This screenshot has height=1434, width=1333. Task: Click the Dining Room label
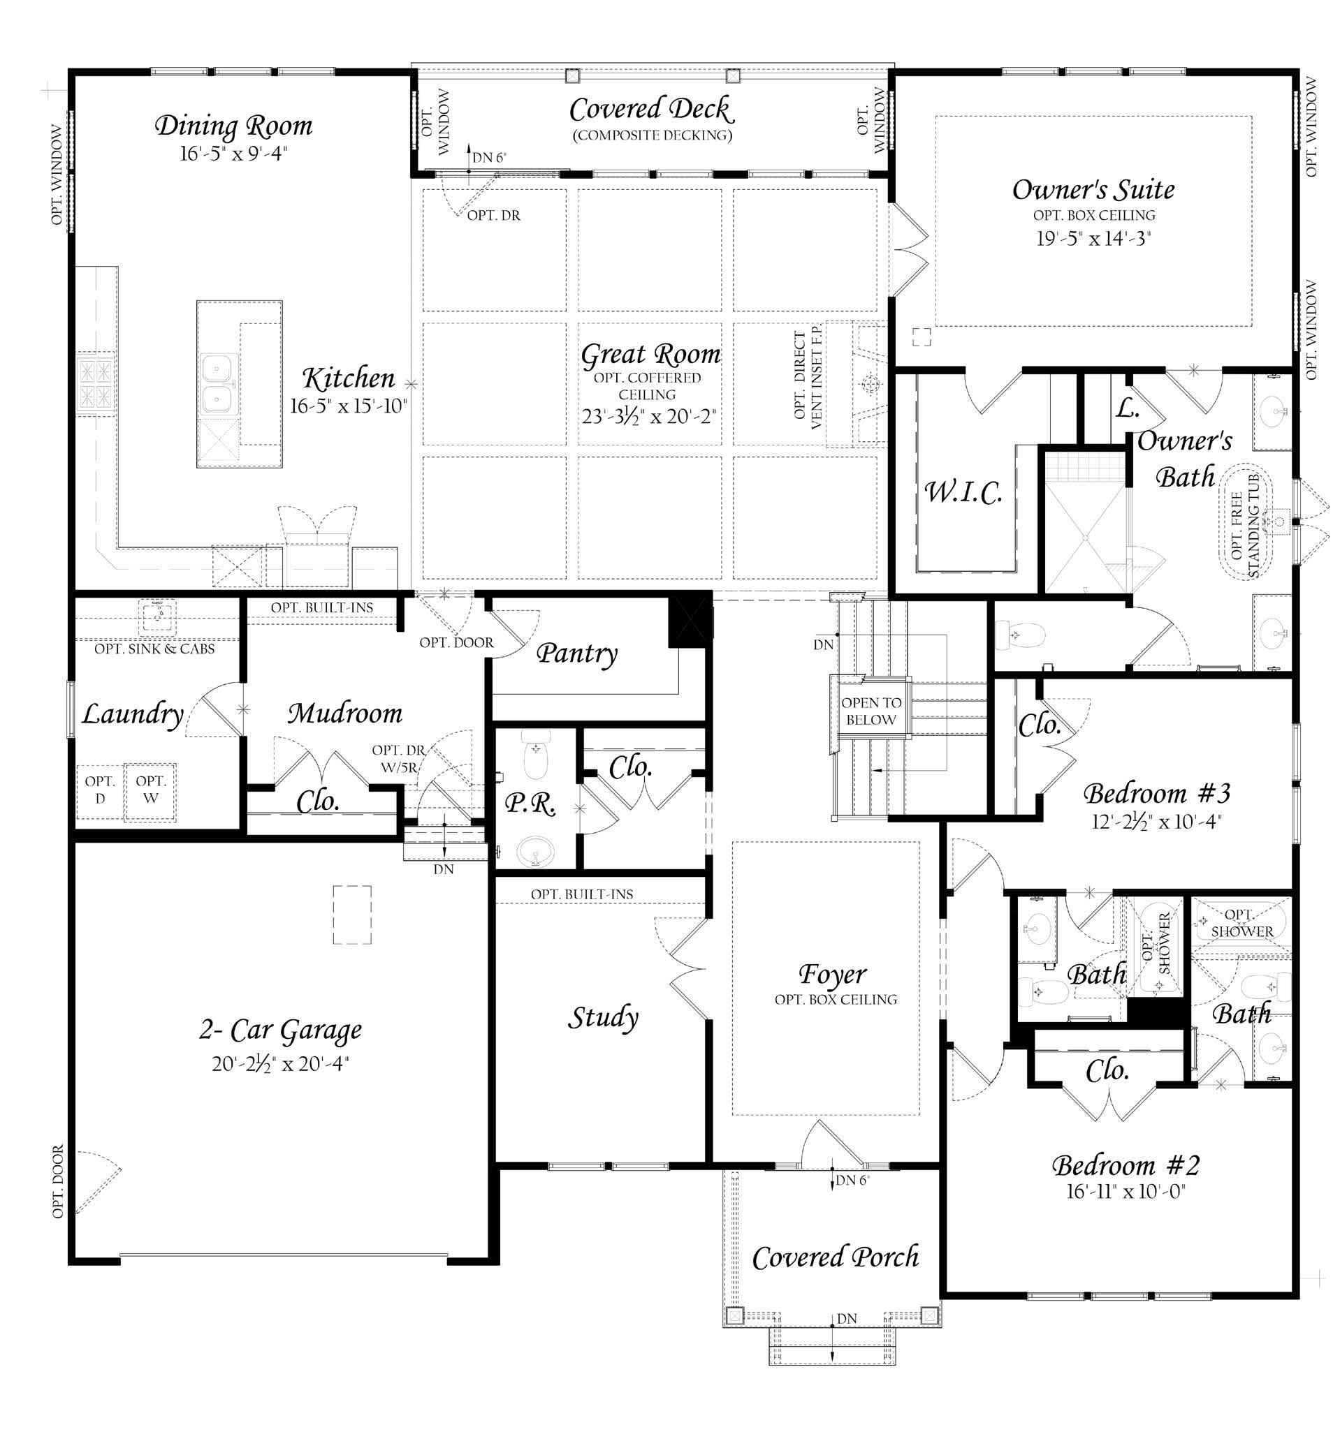[234, 126]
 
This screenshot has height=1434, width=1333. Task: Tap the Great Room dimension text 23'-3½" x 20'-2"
[648, 416]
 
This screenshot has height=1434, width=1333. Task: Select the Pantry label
[577, 653]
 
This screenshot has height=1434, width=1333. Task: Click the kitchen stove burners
[96, 382]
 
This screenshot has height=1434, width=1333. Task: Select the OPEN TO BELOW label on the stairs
[871, 711]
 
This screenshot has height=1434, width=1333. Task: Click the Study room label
[603, 1017]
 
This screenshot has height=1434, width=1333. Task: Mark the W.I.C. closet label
[963, 492]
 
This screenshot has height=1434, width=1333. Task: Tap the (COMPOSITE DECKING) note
[652, 135]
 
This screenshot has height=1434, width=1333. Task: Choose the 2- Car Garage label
[281, 1030]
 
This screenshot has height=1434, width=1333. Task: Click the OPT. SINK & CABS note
[154, 649]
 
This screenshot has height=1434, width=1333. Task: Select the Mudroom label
[345, 714]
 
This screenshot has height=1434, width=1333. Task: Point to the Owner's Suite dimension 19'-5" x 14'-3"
[1093, 239]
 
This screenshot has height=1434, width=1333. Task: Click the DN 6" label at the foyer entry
[852, 1180]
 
